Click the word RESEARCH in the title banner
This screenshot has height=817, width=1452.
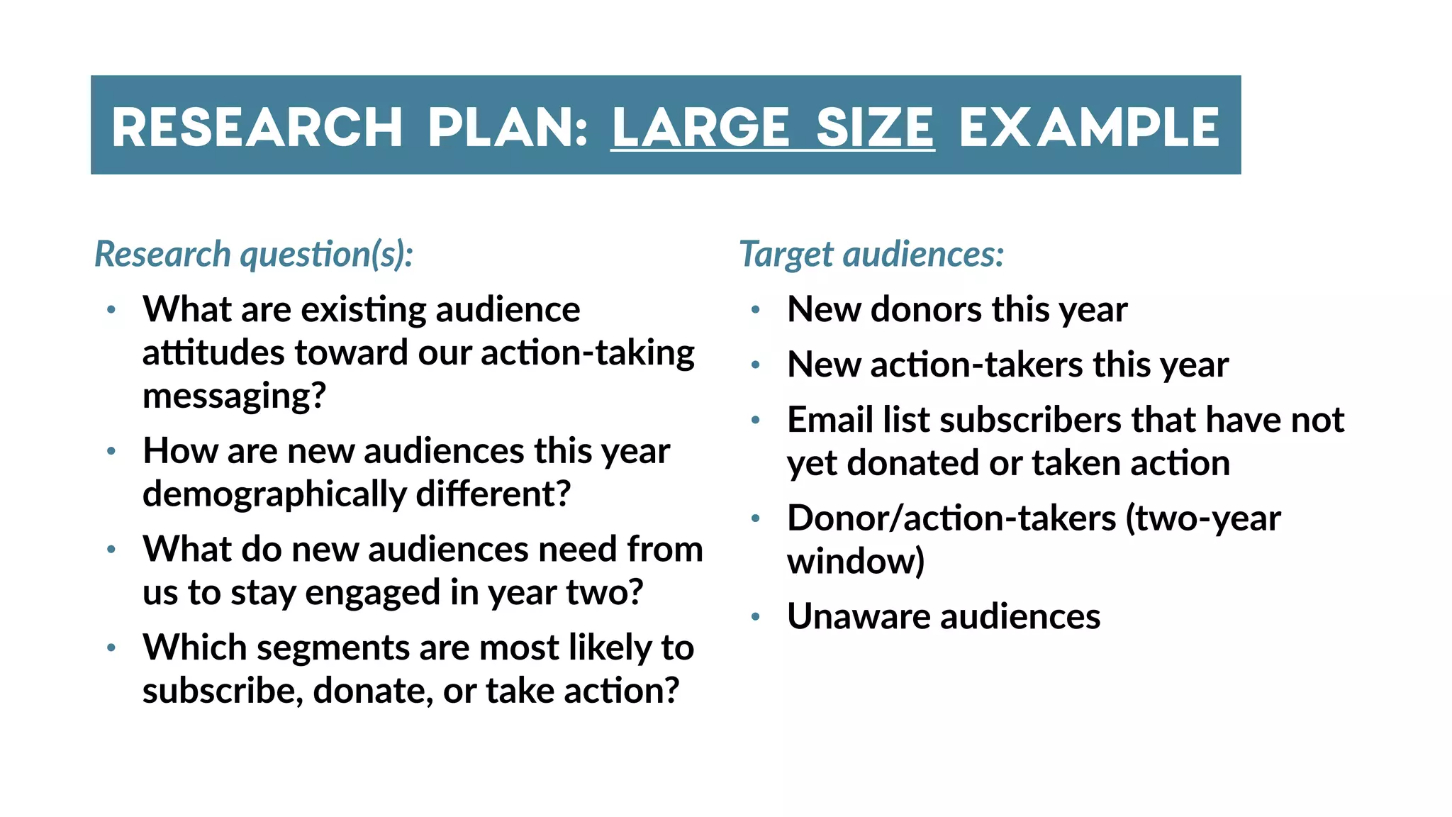pos(257,128)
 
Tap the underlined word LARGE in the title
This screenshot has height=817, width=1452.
pos(700,128)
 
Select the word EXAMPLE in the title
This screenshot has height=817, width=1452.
pos(1089,128)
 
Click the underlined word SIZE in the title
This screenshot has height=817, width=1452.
pos(875,128)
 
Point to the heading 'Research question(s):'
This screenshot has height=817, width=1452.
pos(254,254)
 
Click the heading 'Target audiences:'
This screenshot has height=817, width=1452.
pos(871,254)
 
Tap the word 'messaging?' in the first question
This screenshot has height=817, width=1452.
pos(234,396)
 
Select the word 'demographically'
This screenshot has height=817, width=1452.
pos(274,494)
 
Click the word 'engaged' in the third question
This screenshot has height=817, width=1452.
pos(372,592)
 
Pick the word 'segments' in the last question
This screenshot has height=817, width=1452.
pos(333,648)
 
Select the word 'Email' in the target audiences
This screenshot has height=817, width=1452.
pos(830,420)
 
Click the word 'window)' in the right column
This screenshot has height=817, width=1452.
pos(856,561)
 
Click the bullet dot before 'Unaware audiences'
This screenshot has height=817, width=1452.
pos(756,617)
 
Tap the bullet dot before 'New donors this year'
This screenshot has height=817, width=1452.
pos(756,310)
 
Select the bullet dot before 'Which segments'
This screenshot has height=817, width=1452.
pos(111,648)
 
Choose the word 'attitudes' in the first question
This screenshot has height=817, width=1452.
pos(213,353)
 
